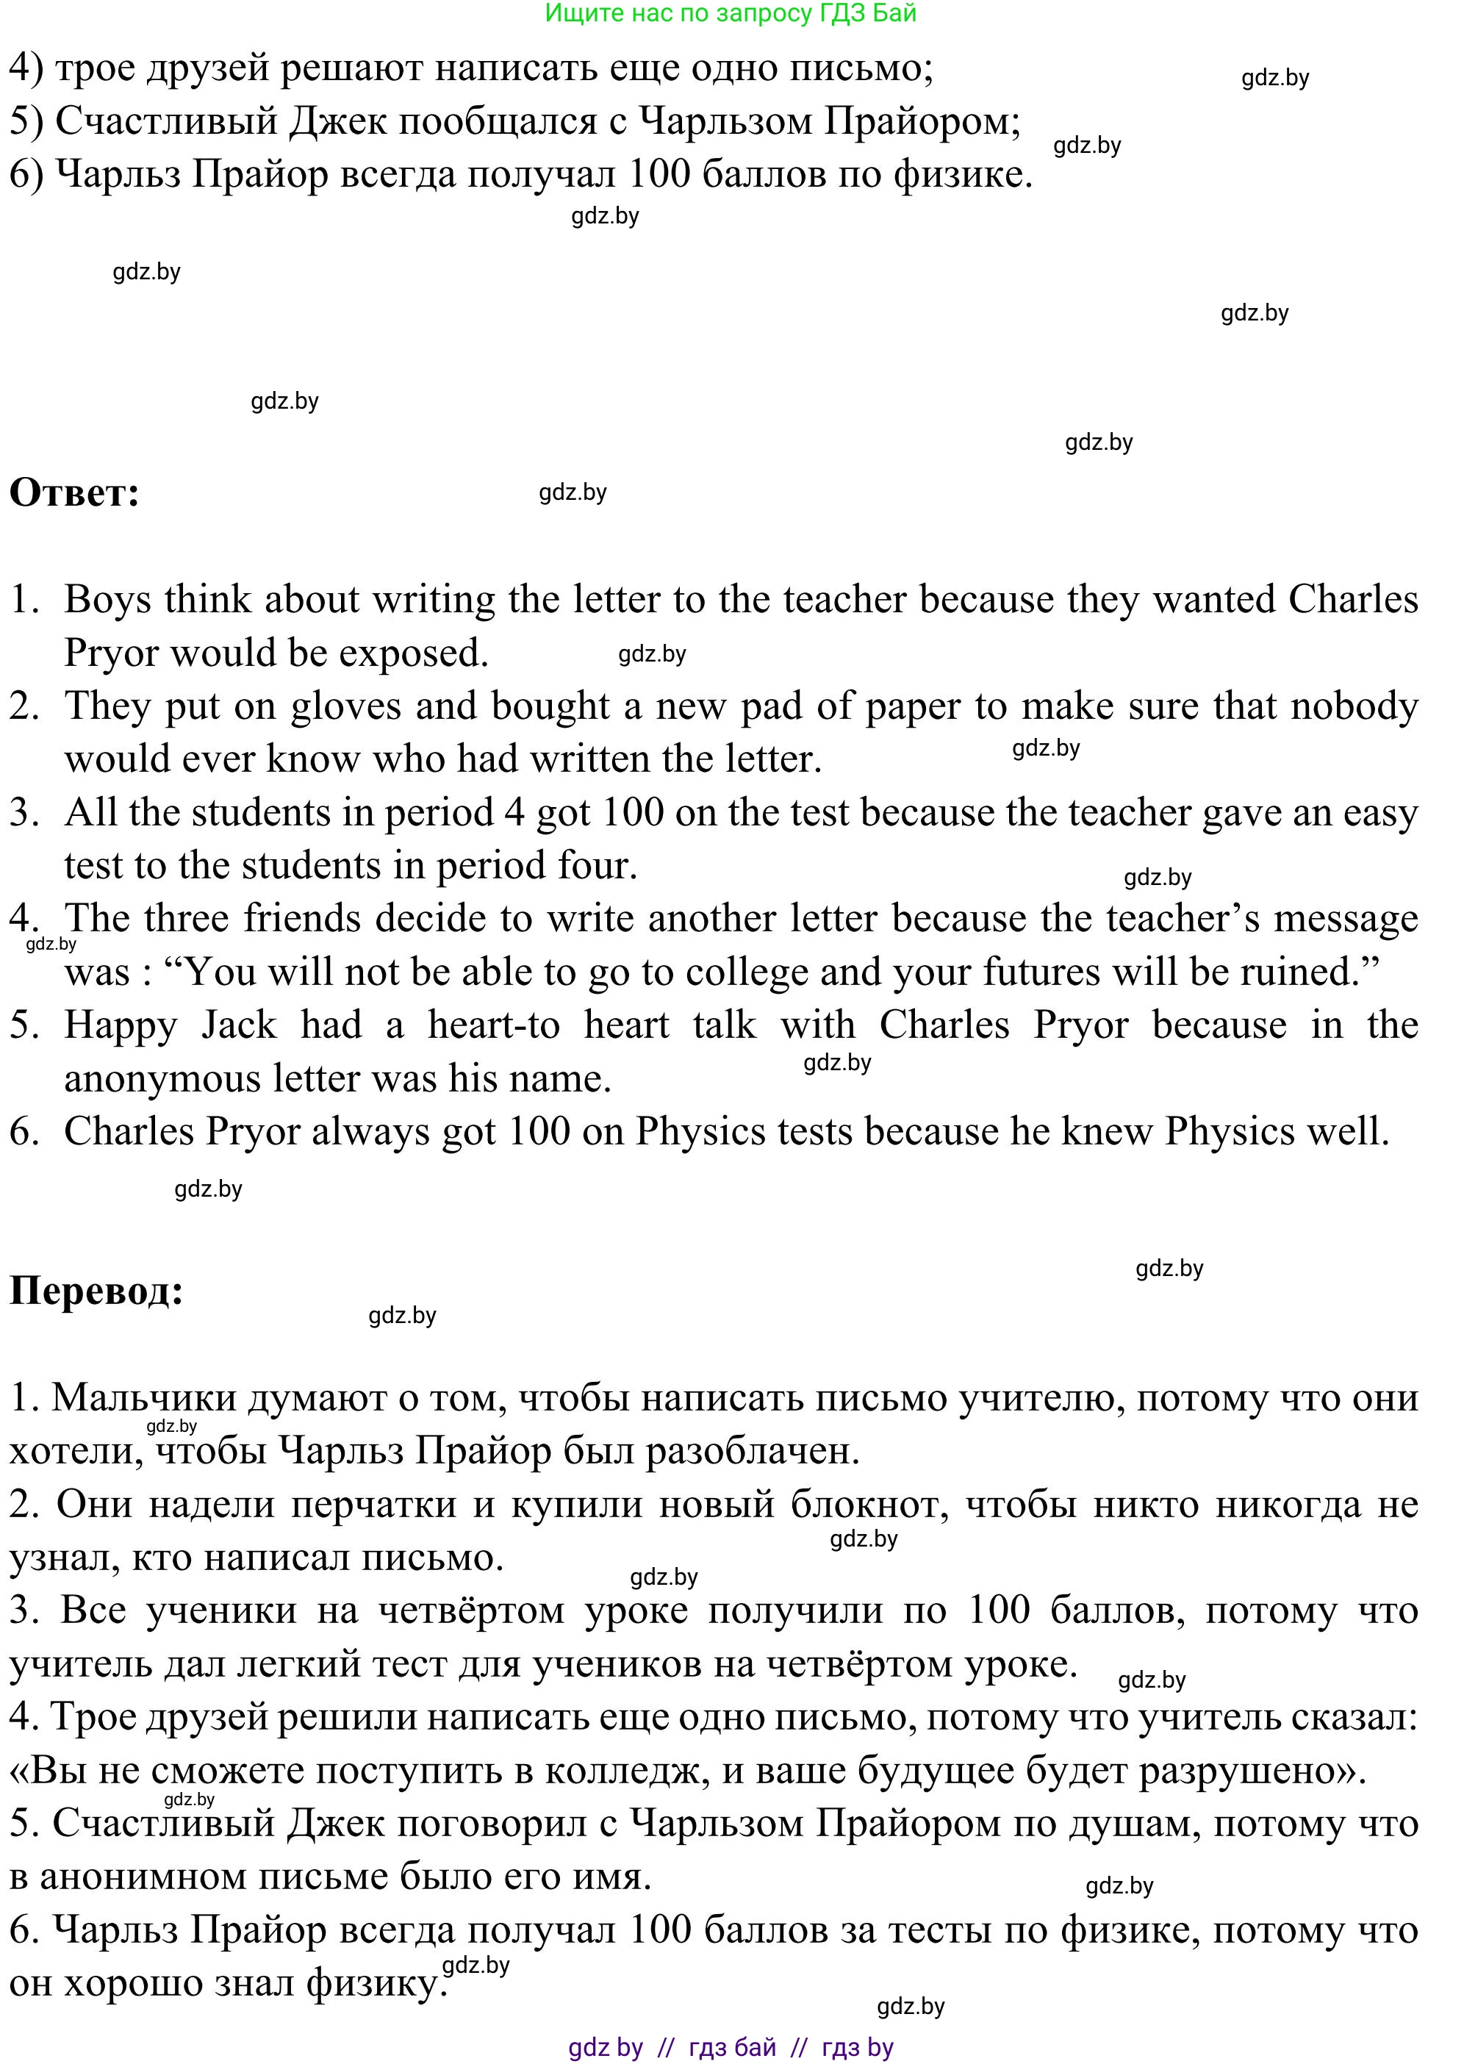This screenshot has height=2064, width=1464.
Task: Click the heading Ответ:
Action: (74, 493)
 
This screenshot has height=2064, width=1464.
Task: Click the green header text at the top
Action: (731, 12)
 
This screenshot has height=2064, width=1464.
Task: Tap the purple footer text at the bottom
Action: (731, 2047)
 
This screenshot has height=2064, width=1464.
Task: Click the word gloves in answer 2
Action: (345, 706)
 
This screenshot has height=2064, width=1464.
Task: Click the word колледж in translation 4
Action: (626, 1771)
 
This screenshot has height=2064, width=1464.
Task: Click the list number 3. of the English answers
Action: (24, 812)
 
